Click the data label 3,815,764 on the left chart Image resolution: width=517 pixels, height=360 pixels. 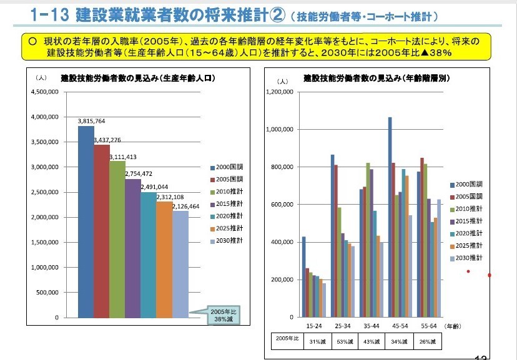click(x=91, y=121)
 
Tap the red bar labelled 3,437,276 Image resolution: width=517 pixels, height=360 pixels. click(x=102, y=231)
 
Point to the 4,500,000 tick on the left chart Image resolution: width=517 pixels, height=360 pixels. click(x=45, y=92)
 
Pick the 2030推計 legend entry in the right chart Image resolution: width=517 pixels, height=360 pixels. click(x=470, y=258)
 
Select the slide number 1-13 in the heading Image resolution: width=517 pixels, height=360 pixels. click(x=48, y=14)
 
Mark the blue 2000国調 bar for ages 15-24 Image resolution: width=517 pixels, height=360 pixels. click(x=304, y=277)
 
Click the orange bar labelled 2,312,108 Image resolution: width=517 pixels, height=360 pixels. click(x=164, y=260)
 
